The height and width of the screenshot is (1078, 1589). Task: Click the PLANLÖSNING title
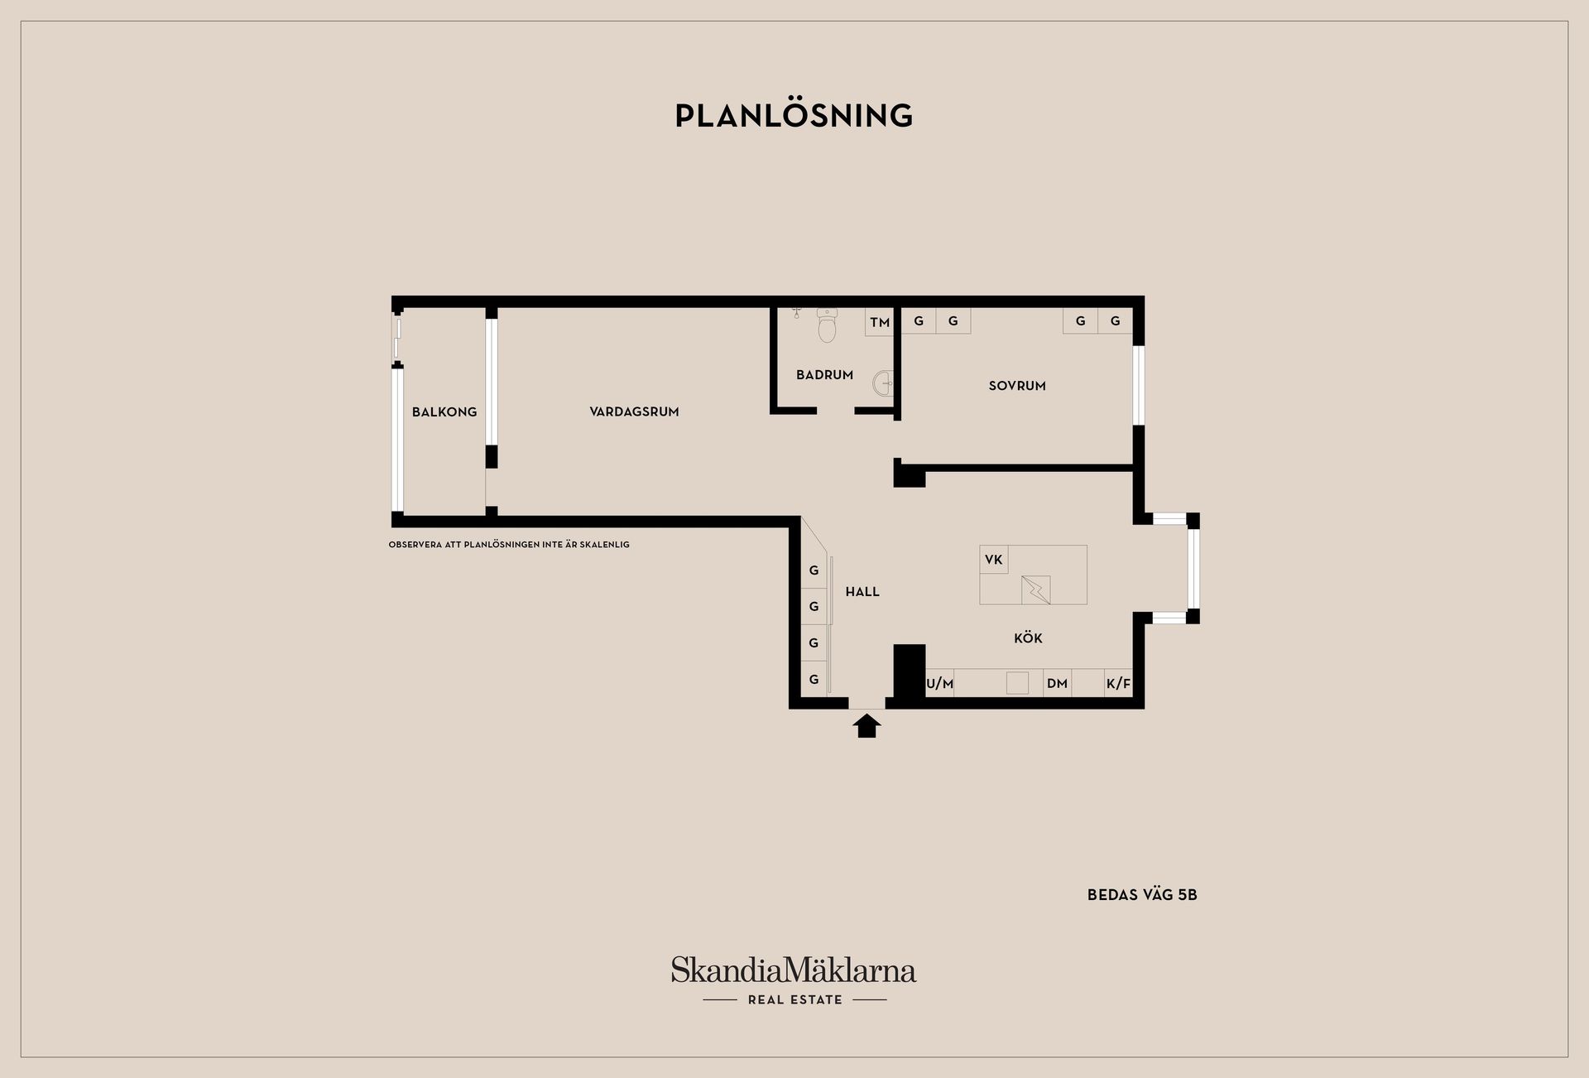tap(794, 115)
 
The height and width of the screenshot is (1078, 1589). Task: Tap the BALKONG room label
tap(444, 411)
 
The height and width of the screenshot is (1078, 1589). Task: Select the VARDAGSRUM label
tap(634, 411)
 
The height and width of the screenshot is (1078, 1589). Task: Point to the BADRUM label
tap(824, 375)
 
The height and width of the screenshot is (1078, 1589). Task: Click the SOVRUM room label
tap(1017, 386)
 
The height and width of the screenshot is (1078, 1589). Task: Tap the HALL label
tap(862, 592)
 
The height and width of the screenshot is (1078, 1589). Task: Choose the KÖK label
tap(1028, 638)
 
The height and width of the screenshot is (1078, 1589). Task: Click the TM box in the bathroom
tap(880, 322)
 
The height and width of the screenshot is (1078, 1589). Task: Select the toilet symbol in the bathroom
tap(827, 325)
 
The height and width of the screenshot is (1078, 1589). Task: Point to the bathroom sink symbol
tap(882, 383)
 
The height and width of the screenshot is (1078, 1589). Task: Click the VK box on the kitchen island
tap(994, 560)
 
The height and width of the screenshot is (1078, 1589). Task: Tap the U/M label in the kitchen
tap(940, 684)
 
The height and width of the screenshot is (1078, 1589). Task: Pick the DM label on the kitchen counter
tap(1057, 684)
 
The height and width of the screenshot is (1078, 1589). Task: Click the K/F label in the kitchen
tap(1118, 684)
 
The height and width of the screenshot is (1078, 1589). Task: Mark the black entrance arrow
tap(867, 726)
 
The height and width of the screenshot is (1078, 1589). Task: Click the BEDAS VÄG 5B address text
tap(1142, 895)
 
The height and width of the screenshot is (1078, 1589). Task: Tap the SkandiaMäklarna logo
tap(794, 970)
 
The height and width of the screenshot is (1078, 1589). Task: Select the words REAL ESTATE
tap(794, 1000)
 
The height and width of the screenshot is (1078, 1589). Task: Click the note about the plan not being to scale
tap(509, 545)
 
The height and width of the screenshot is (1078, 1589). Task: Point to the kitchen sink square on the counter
tap(1017, 683)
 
